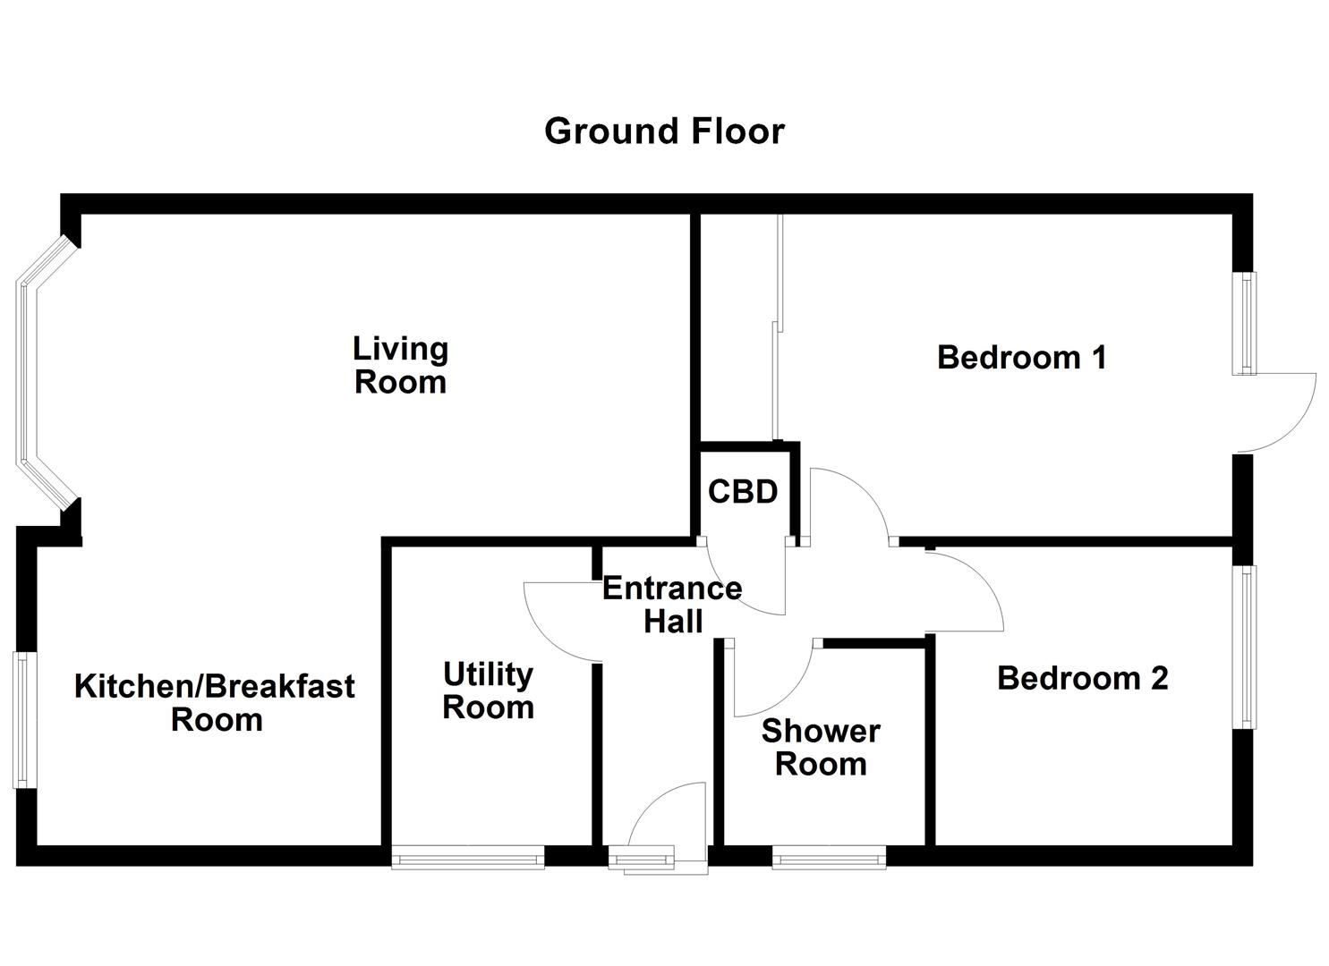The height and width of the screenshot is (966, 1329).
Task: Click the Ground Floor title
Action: coord(664,131)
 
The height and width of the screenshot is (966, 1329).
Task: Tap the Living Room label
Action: coord(400,365)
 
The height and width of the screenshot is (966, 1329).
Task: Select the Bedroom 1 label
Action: coord(1021,358)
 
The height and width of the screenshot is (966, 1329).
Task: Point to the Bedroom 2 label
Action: coord(1082,678)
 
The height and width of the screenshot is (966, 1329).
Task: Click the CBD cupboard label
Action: coord(742,492)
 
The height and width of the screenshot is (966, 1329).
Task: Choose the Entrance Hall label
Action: coord(672,605)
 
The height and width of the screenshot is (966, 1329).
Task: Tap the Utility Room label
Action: coord(488,691)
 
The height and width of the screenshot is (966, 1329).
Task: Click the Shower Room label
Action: coord(820,748)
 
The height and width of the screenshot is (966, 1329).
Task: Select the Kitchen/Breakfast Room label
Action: coord(215,703)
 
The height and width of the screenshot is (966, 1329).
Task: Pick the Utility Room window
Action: coord(468,859)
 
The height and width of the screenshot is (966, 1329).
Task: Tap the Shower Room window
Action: coord(829,859)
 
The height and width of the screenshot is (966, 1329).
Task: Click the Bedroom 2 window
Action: coord(1246,646)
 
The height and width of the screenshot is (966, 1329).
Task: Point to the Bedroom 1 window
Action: coord(1245,323)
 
